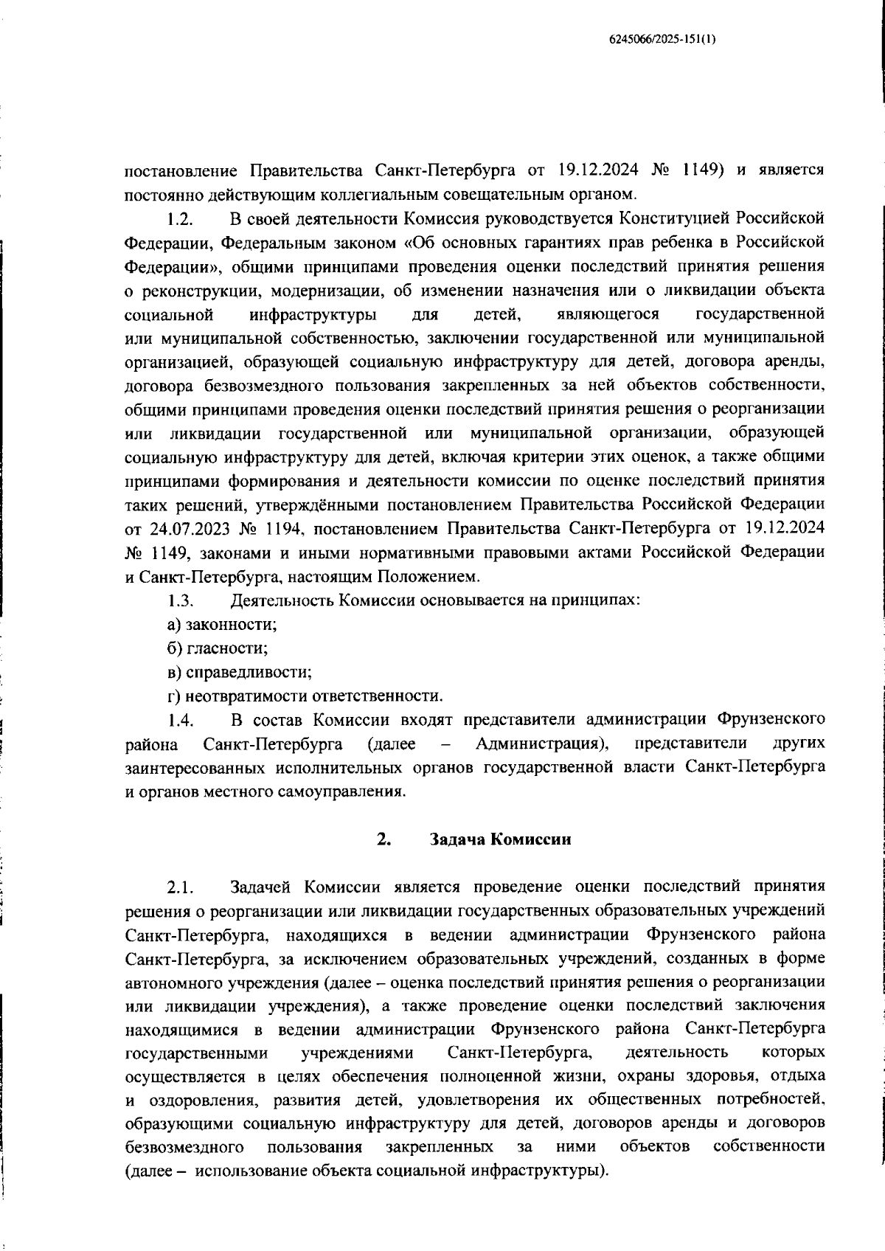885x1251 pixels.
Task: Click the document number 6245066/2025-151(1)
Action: click(662, 41)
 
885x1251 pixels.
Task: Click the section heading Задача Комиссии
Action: click(500, 839)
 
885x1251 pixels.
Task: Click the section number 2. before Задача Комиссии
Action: click(383, 839)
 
